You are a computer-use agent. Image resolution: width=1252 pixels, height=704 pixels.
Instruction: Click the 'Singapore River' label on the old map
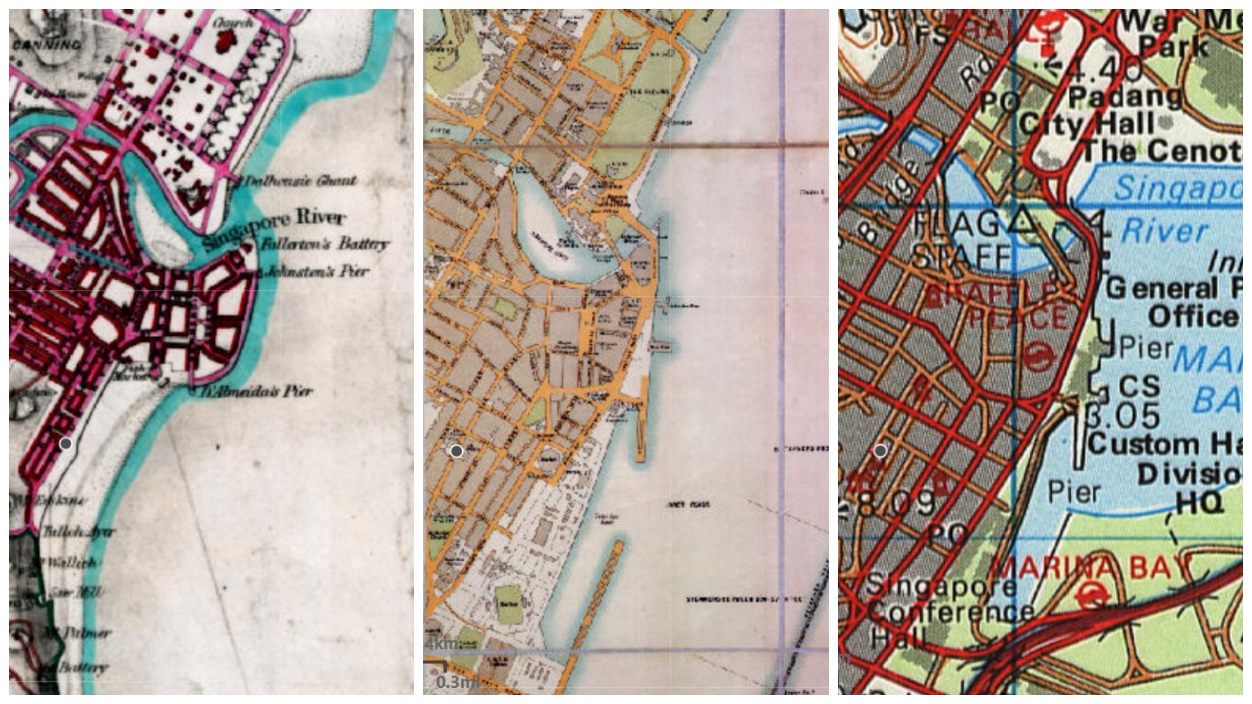point(274,228)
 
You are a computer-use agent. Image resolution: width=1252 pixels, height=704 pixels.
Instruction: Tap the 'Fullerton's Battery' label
point(324,245)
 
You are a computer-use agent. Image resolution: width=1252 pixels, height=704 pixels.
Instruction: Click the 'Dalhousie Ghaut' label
point(300,181)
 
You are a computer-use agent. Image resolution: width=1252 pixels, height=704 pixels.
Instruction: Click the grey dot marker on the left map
point(65,444)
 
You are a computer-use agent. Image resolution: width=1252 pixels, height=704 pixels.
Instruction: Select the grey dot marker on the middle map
point(456,451)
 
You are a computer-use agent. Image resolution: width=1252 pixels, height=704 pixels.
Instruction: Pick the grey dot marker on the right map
point(880,450)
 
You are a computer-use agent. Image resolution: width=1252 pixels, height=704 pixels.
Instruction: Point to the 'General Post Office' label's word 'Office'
point(1193,317)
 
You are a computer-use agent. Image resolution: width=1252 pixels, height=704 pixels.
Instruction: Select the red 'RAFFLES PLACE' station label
point(1001,306)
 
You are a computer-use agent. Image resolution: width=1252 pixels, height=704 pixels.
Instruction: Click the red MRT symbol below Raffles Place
point(1039,357)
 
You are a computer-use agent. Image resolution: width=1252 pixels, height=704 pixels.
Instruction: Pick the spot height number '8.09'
point(897,503)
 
